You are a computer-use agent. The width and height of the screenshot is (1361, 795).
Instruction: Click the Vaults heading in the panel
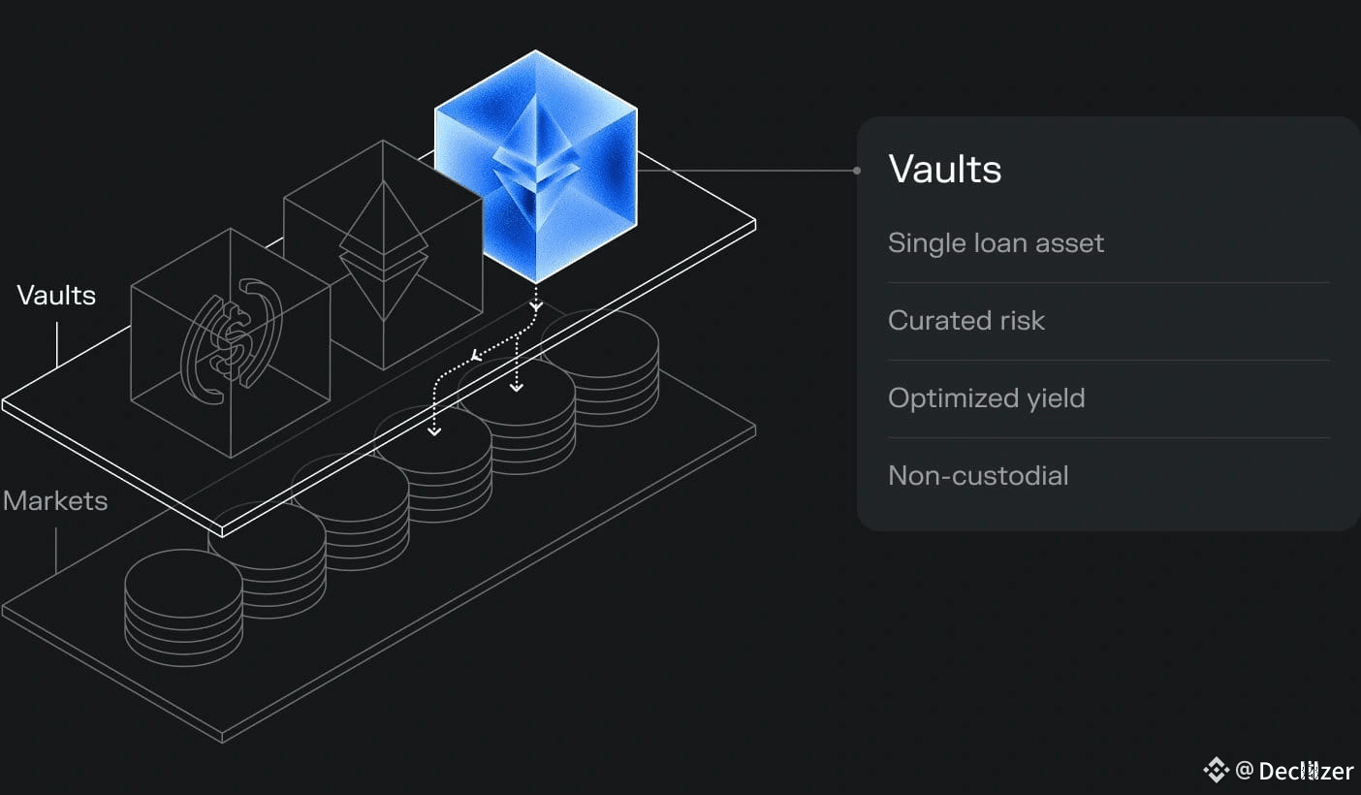(944, 169)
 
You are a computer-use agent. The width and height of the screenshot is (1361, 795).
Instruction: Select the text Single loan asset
(996, 242)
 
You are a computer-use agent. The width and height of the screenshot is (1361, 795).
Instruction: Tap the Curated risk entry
(965, 320)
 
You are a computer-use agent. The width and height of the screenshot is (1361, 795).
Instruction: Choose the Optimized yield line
(986, 397)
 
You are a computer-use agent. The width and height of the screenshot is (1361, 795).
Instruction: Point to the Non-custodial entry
(977, 475)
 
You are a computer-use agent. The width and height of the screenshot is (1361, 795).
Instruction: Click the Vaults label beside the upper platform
(56, 295)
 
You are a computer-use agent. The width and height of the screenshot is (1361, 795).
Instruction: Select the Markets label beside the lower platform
(54, 500)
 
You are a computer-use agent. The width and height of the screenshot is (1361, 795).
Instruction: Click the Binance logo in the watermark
(1216, 771)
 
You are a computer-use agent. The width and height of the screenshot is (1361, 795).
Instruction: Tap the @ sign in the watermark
(1245, 771)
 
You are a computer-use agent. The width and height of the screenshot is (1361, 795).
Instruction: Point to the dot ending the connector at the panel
(857, 171)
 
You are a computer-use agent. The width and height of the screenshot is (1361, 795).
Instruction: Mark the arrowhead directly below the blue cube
(535, 306)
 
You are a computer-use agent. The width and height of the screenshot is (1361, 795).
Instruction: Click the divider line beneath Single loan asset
(1108, 282)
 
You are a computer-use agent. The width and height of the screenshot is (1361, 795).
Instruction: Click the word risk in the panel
(1023, 320)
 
